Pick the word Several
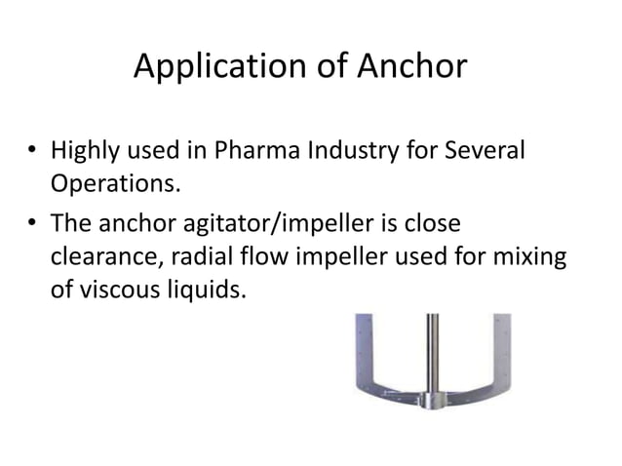[486, 153]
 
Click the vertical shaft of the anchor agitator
[431, 351]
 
